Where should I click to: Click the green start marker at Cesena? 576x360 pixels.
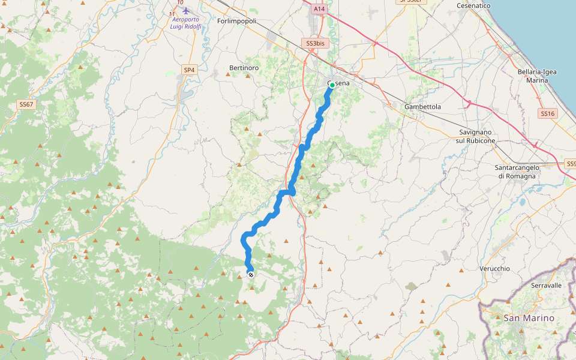tap(332, 85)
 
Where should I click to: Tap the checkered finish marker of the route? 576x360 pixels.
tap(250, 275)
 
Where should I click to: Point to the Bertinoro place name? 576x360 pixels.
tap(244, 68)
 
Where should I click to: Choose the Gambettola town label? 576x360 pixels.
tap(422, 106)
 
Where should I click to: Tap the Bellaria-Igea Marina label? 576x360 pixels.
tap(536, 76)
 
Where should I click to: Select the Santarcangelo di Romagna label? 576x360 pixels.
tap(517, 172)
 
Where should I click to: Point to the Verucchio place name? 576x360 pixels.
tap(495, 268)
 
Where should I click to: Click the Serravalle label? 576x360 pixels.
tap(546, 285)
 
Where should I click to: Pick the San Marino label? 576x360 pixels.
tap(529, 317)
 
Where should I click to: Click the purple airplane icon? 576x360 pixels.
tap(185, 11)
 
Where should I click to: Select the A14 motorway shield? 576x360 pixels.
tap(319, 10)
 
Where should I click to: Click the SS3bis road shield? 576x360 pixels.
tap(315, 44)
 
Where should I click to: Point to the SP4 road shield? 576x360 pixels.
tap(189, 70)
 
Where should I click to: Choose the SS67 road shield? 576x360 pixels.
tap(26, 104)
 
